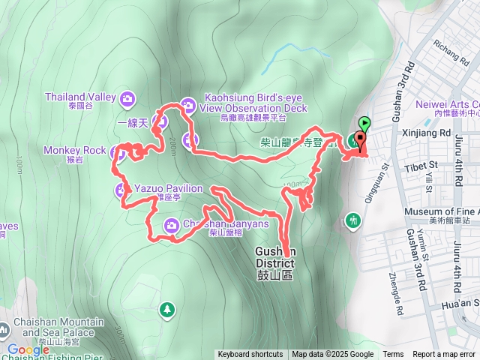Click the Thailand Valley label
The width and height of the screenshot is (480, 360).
coord(79,97)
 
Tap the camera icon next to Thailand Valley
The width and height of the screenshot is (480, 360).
coord(127,97)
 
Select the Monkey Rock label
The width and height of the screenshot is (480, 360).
coord(74,150)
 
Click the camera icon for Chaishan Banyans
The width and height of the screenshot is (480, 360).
coord(172,224)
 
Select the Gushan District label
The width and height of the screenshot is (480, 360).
coord(275,263)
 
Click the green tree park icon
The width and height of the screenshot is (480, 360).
coord(166,308)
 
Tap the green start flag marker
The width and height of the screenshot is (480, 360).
coord(365,123)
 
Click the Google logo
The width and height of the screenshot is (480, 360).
coord(28,349)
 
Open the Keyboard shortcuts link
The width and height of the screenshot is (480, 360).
coord(250,355)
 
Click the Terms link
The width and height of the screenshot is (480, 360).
coord(393,355)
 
